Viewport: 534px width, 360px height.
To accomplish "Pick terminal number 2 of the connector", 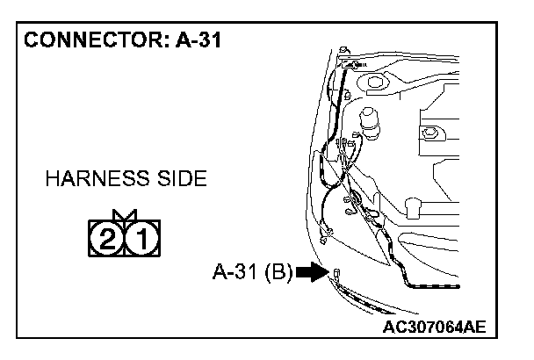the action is pyautogui.click(x=105, y=236).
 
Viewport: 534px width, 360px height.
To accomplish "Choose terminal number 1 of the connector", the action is pyautogui.click(x=142, y=236).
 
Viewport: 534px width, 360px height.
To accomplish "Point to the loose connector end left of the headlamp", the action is pyautogui.click(x=328, y=234).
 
